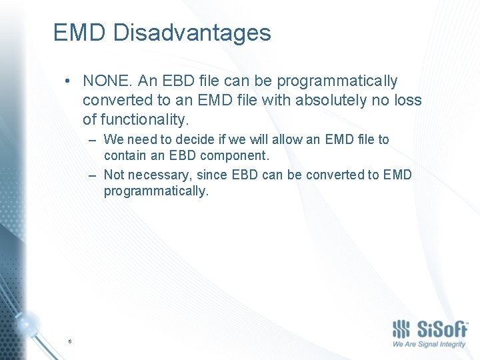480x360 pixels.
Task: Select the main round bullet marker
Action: point(69,81)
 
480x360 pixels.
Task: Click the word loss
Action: point(407,101)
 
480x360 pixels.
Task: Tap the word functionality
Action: point(136,120)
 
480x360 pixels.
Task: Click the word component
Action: point(234,156)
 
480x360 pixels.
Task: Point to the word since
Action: point(213,175)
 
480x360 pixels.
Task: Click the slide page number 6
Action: point(69,341)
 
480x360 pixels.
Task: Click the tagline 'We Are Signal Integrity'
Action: point(429,345)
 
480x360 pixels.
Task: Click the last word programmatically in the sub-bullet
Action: point(156,191)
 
